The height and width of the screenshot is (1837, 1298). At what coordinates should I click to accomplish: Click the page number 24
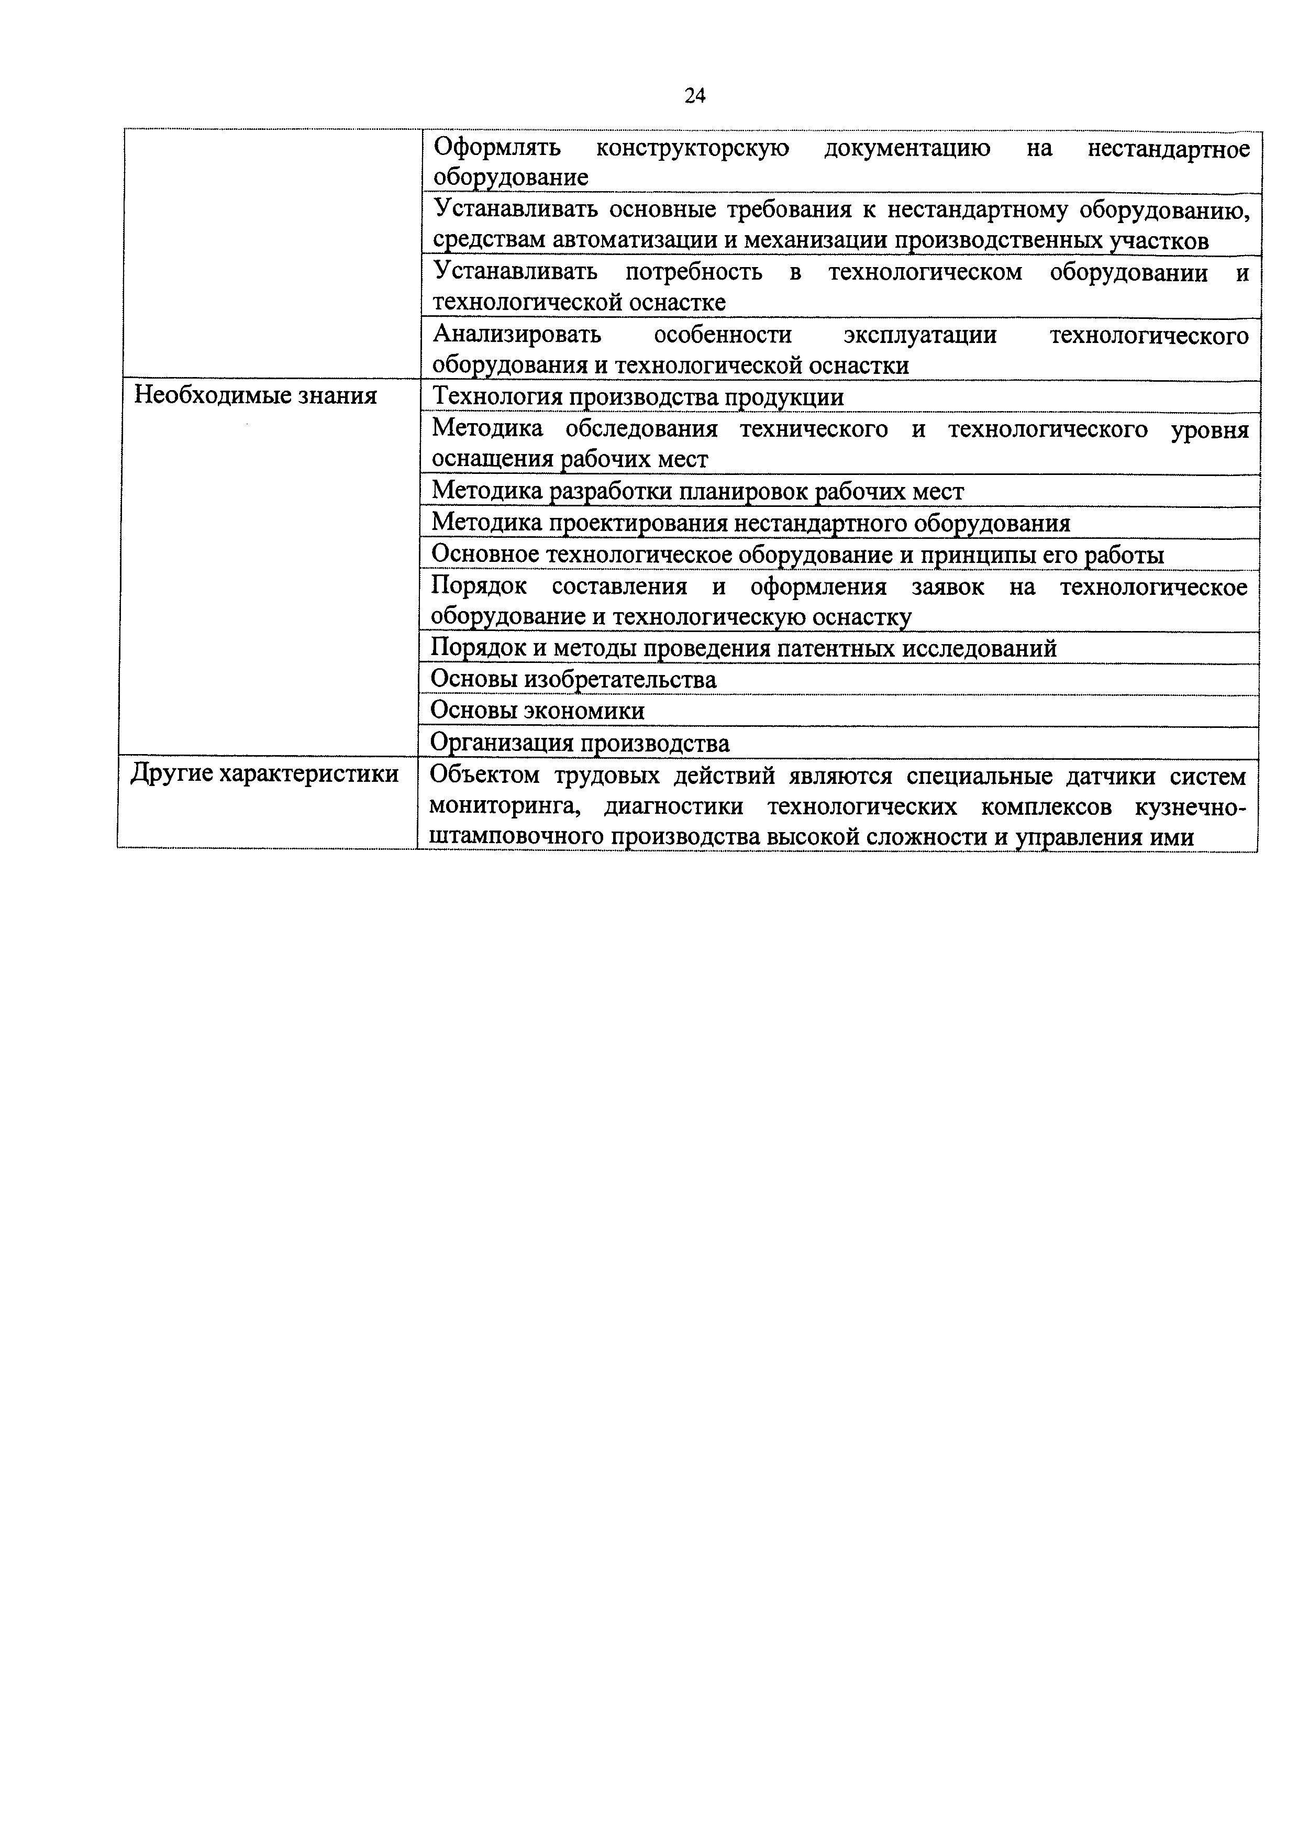[x=695, y=96]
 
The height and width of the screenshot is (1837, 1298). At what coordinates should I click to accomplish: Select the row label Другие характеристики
[x=264, y=773]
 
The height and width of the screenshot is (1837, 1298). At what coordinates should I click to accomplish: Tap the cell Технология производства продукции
[x=637, y=397]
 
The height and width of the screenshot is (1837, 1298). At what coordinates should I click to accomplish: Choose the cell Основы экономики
[x=537, y=711]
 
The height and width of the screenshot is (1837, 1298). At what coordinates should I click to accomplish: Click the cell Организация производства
[x=580, y=743]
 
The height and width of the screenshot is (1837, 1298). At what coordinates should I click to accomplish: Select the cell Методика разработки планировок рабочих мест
[x=697, y=491]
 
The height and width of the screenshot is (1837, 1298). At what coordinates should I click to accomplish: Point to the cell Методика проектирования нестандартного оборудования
[x=750, y=523]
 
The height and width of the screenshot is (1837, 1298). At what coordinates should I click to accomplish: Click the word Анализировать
[x=517, y=335]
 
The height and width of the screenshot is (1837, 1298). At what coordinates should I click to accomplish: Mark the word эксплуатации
[x=920, y=335]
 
